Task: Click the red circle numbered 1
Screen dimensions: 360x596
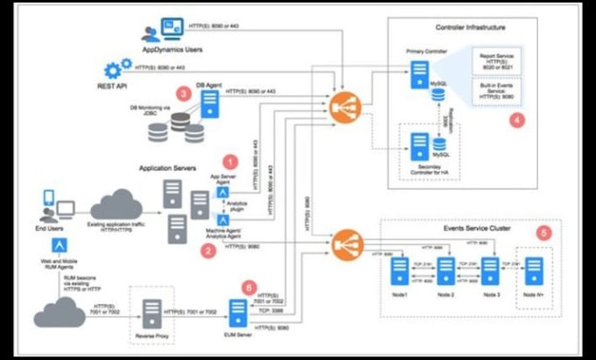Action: pos(231,162)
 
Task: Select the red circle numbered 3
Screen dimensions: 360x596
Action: pos(182,91)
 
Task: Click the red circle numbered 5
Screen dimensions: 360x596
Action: pos(545,233)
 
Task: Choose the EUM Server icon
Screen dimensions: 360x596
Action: pos(237,312)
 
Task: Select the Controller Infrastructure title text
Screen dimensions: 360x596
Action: pos(466,28)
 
